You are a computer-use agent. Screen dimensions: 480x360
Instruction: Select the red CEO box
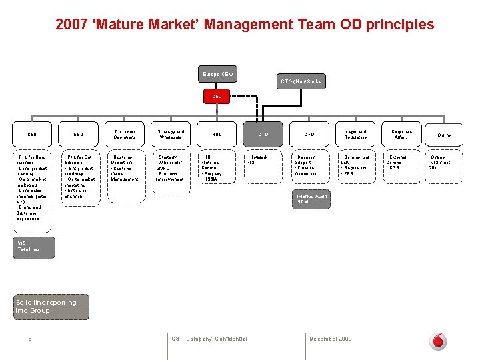(x=217, y=96)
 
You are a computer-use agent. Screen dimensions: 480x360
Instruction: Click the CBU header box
(x=32, y=134)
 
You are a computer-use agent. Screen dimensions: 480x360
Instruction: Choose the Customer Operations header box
(x=125, y=134)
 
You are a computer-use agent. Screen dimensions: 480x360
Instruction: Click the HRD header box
(x=217, y=134)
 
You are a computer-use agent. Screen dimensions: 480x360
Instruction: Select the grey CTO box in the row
(x=263, y=134)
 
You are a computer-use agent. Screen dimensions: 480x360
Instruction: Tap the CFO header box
(x=309, y=134)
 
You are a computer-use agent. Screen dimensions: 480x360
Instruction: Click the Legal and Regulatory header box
(x=356, y=134)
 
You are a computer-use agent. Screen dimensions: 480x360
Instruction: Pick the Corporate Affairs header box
(x=402, y=134)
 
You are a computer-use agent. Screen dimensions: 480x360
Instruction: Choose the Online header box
(x=444, y=135)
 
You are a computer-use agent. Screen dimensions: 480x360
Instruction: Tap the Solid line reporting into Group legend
(x=47, y=306)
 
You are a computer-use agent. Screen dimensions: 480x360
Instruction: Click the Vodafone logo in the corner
(x=438, y=341)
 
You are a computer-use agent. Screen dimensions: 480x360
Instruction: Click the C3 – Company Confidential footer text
(x=209, y=339)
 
